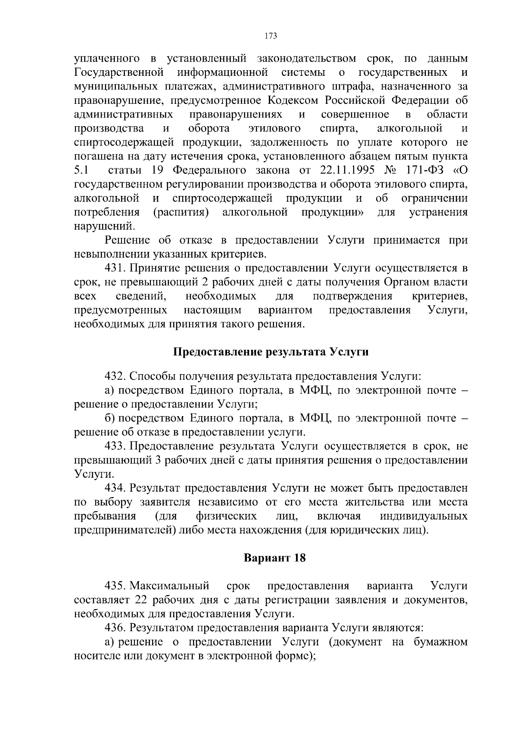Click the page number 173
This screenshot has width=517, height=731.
pos(271,36)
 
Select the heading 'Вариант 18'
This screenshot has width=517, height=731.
pos(274,558)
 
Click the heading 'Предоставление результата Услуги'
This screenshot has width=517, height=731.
pos(271,352)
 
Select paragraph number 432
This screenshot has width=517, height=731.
pos(115,376)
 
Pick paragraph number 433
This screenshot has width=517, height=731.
pos(115,446)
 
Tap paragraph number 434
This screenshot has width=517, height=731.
pos(115,488)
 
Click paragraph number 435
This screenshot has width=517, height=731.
pos(115,586)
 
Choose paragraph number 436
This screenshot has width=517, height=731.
pos(115,627)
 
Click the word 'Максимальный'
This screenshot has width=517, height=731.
pos(170,586)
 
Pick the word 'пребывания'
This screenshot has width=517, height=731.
pos(105,516)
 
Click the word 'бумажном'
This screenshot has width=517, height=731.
pos(441,642)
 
